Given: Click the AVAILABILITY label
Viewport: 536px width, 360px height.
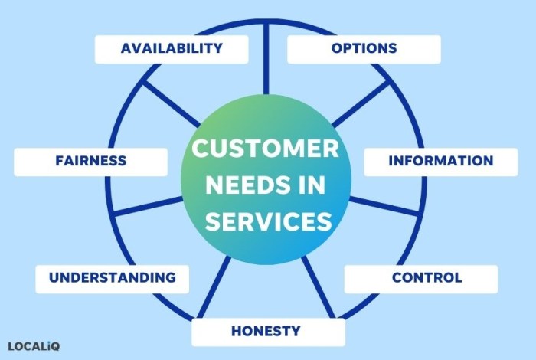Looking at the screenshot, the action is (172, 49).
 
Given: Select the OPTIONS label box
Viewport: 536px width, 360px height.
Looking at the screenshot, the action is (364, 49).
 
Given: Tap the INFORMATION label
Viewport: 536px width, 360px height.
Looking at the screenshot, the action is (441, 162).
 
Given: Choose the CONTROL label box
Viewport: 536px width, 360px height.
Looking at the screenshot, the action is (421, 279).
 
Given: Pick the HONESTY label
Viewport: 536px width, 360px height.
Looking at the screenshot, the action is (268, 332).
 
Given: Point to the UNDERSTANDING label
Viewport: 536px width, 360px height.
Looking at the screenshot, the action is (112, 279).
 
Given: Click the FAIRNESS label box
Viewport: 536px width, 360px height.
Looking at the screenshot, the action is (90, 162).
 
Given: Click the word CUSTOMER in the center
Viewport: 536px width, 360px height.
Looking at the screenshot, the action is (265, 149).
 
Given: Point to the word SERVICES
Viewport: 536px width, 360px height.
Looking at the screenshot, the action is (268, 221).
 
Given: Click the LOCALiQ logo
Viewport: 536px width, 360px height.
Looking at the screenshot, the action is (34, 346).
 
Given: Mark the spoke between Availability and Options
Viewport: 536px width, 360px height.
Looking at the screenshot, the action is (266, 58).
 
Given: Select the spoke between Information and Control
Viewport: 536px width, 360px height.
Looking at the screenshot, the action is (384, 206).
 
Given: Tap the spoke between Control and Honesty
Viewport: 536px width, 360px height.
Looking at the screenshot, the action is (319, 287).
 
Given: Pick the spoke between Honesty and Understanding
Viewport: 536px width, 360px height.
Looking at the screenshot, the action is (214, 287).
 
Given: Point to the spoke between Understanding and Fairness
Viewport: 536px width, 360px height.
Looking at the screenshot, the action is (149, 206).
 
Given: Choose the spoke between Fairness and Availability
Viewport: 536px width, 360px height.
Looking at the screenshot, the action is (172, 103).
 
